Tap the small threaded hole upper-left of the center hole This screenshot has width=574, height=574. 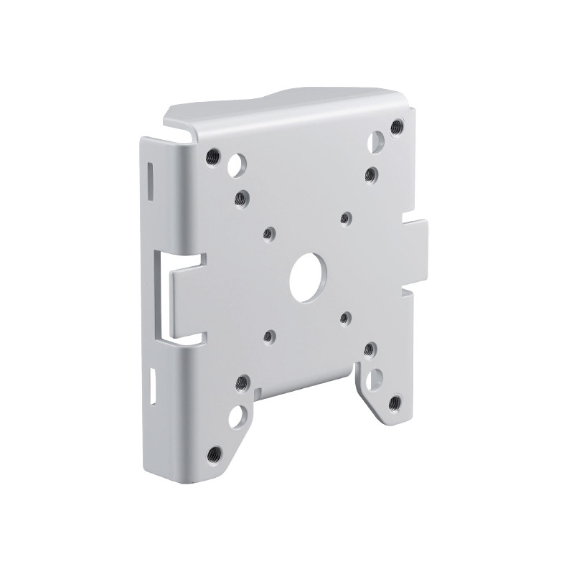coord(269,232)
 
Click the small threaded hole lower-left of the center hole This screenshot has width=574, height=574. coord(269,334)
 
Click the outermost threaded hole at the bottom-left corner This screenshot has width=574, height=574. coord(214,453)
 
